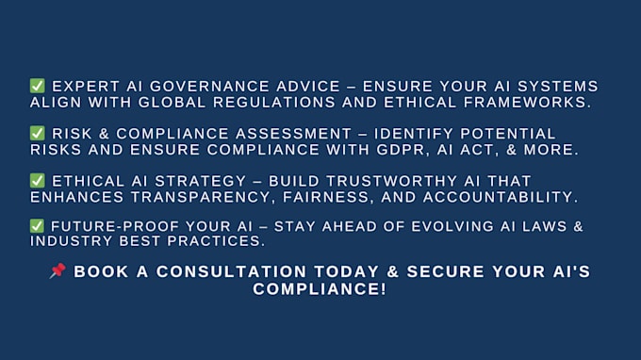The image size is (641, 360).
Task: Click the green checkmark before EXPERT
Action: coord(37,86)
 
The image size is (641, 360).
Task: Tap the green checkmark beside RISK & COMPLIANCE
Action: coord(37,133)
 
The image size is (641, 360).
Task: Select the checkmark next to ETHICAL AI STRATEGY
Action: coord(37,181)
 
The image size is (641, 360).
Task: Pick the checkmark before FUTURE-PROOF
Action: coord(37,226)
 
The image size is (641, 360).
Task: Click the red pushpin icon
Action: coord(58,270)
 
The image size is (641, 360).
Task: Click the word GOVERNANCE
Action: coord(209,87)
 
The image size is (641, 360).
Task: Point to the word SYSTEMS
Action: coord(558,87)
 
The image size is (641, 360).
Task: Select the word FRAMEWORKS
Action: coord(527,103)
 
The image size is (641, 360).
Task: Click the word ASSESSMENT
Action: coord(293,134)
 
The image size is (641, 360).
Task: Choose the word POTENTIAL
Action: coord(508,134)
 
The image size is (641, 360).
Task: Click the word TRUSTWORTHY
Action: coord(391,182)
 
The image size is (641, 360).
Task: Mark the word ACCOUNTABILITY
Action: coord(501,197)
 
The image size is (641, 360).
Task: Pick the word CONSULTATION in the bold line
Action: coord(231,271)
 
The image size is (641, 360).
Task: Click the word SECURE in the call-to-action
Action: coord(446,271)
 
